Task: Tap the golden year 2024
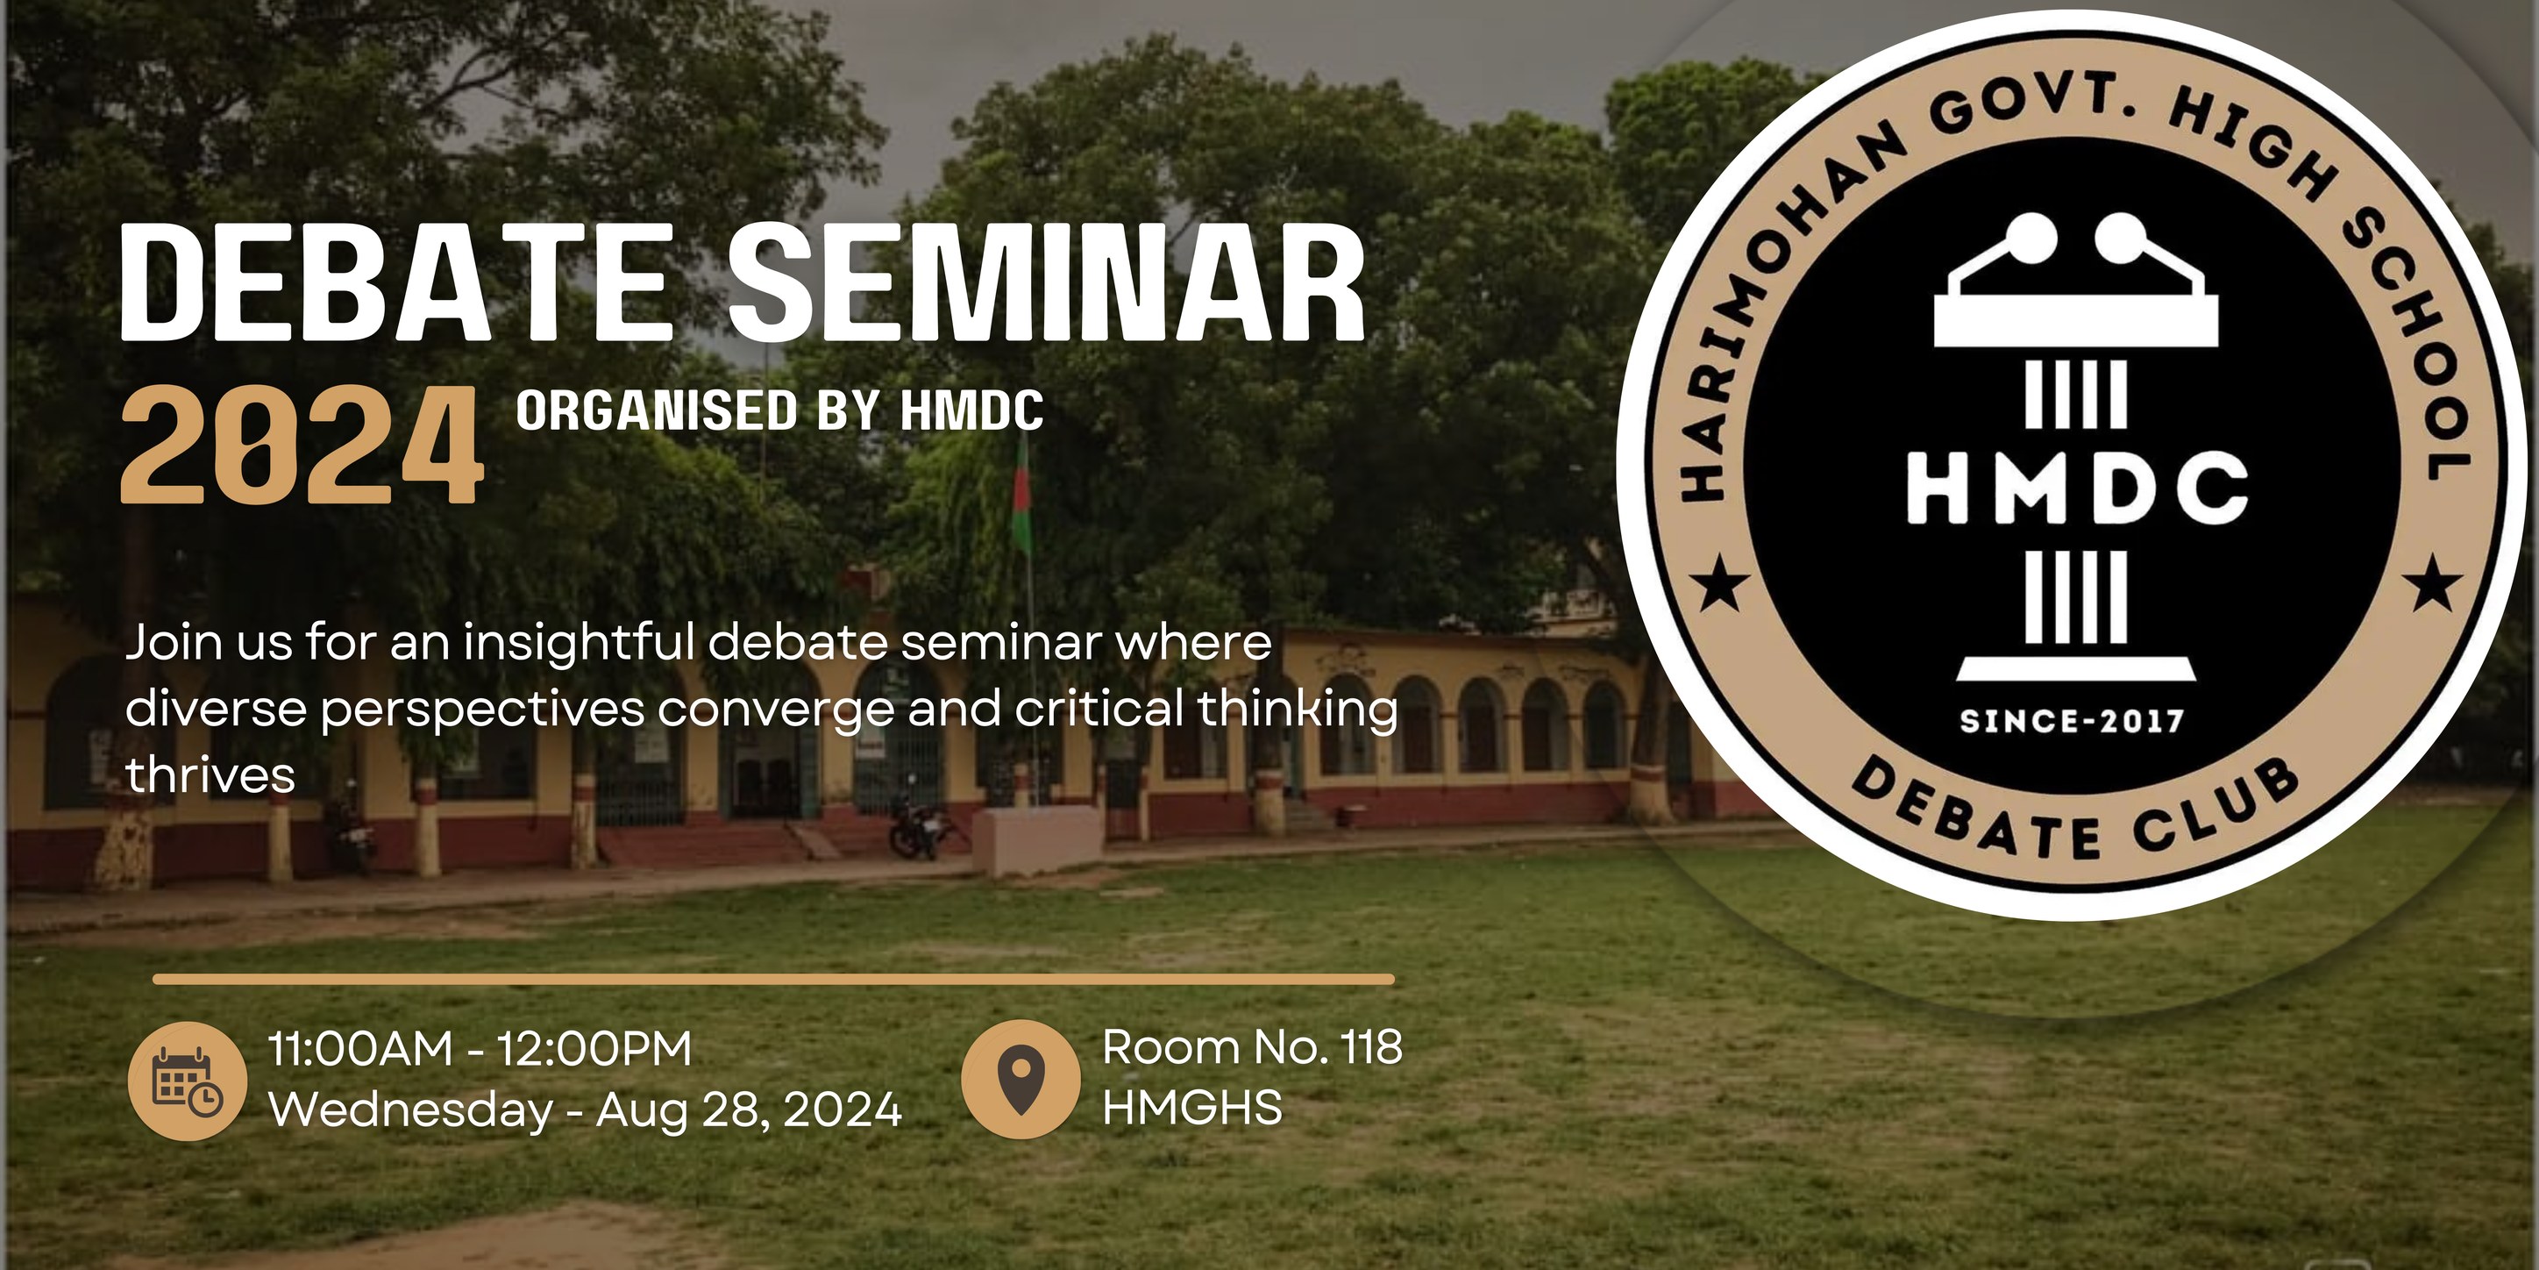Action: point(302,446)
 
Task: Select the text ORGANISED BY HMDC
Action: point(779,410)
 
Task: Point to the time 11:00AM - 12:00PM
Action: point(480,1048)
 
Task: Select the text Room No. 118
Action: point(1252,1047)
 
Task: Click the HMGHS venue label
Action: point(1191,1108)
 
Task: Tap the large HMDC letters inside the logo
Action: point(2076,488)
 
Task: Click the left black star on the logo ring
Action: point(1721,585)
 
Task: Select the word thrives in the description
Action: point(210,775)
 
